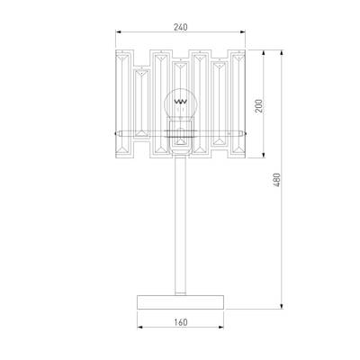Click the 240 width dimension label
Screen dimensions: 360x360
(x=180, y=27)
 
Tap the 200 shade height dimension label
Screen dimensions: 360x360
(x=258, y=105)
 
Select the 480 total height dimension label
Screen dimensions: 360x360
(x=276, y=180)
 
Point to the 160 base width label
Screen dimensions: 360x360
(x=181, y=322)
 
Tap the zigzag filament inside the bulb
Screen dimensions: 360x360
(x=181, y=102)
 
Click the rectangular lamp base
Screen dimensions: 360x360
(x=180, y=301)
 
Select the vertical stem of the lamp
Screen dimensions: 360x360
(x=180, y=225)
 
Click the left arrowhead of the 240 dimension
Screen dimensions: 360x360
(x=118, y=31)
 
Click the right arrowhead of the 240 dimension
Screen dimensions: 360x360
(x=243, y=31)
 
